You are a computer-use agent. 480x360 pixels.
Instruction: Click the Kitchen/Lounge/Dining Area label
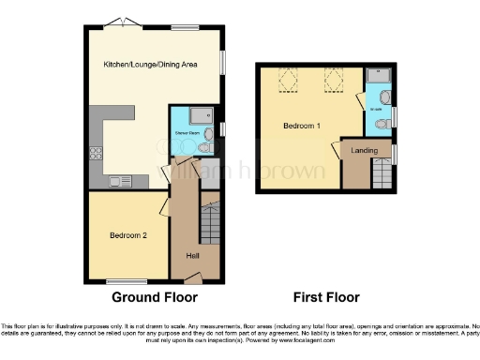(x=150, y=65)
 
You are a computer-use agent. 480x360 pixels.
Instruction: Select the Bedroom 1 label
(x=304, y=125)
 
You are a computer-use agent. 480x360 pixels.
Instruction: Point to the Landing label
(x=364, y=150)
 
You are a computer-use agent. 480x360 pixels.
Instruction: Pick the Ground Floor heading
(x=155, y=297)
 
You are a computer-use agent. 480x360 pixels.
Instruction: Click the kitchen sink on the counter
(x=120, y=182)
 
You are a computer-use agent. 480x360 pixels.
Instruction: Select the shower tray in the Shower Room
(x=201, y=116)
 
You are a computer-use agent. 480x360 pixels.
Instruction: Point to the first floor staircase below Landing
(x=382, y=172)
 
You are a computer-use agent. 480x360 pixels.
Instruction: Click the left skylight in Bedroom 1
(x=288, y=82)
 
